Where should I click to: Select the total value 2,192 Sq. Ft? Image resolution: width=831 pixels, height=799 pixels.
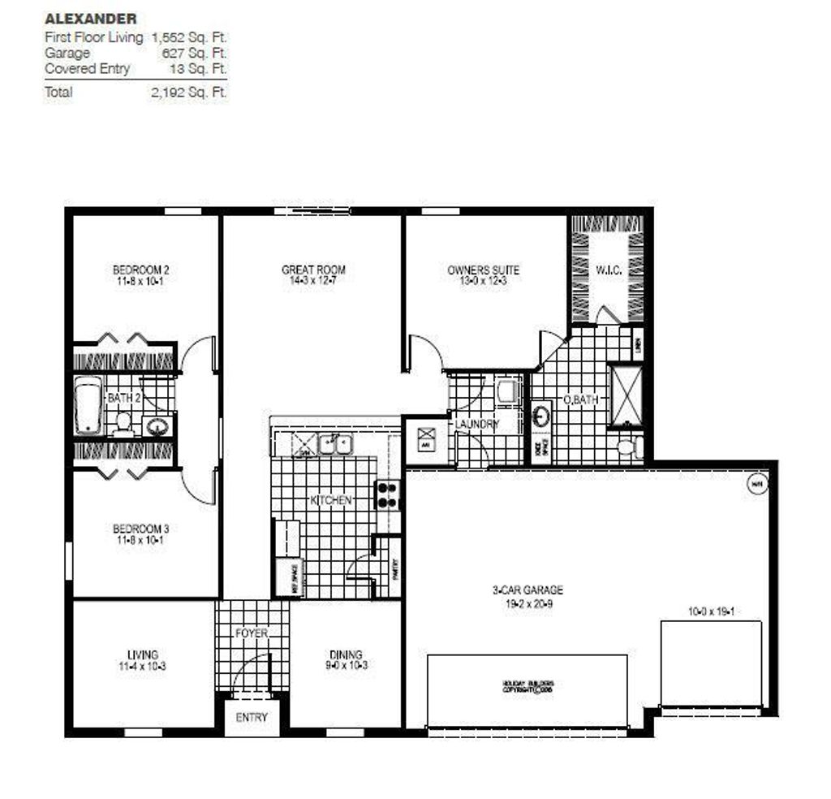point(188,92)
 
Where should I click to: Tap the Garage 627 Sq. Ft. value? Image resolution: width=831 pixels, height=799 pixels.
point(195,53)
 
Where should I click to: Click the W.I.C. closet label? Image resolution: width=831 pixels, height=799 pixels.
point(609,270)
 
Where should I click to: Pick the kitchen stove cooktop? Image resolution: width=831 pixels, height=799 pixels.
point(388,495)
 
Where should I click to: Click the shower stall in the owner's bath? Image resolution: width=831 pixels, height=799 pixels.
point(626,395)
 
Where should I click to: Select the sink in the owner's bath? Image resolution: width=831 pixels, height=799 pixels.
point(542,417)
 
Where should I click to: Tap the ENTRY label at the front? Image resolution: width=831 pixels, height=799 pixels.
point(252,718)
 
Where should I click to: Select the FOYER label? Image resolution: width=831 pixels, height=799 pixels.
point(251,633)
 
